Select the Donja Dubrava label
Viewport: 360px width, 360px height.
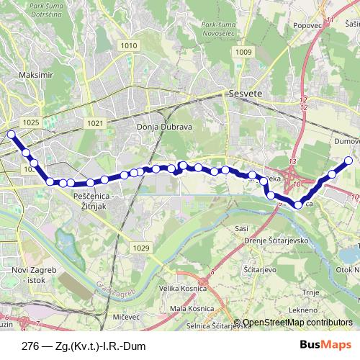coord(158,127)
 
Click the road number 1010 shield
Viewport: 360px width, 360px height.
coord(129,45)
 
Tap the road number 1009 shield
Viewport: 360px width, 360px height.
coord(243,52)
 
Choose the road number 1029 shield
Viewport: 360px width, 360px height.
coord(141,248)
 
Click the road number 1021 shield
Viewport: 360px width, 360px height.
coord(95,123)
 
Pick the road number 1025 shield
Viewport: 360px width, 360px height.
coord(31,123)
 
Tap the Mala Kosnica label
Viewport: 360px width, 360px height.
coord(191,308)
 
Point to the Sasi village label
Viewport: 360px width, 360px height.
coord(242,228)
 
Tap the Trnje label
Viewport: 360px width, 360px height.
coord(311,292)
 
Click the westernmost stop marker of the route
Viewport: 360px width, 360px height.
coord(11,134)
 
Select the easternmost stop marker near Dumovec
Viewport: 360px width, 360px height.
coord(348,161)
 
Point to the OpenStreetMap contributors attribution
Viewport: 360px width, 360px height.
coord(297,323)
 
